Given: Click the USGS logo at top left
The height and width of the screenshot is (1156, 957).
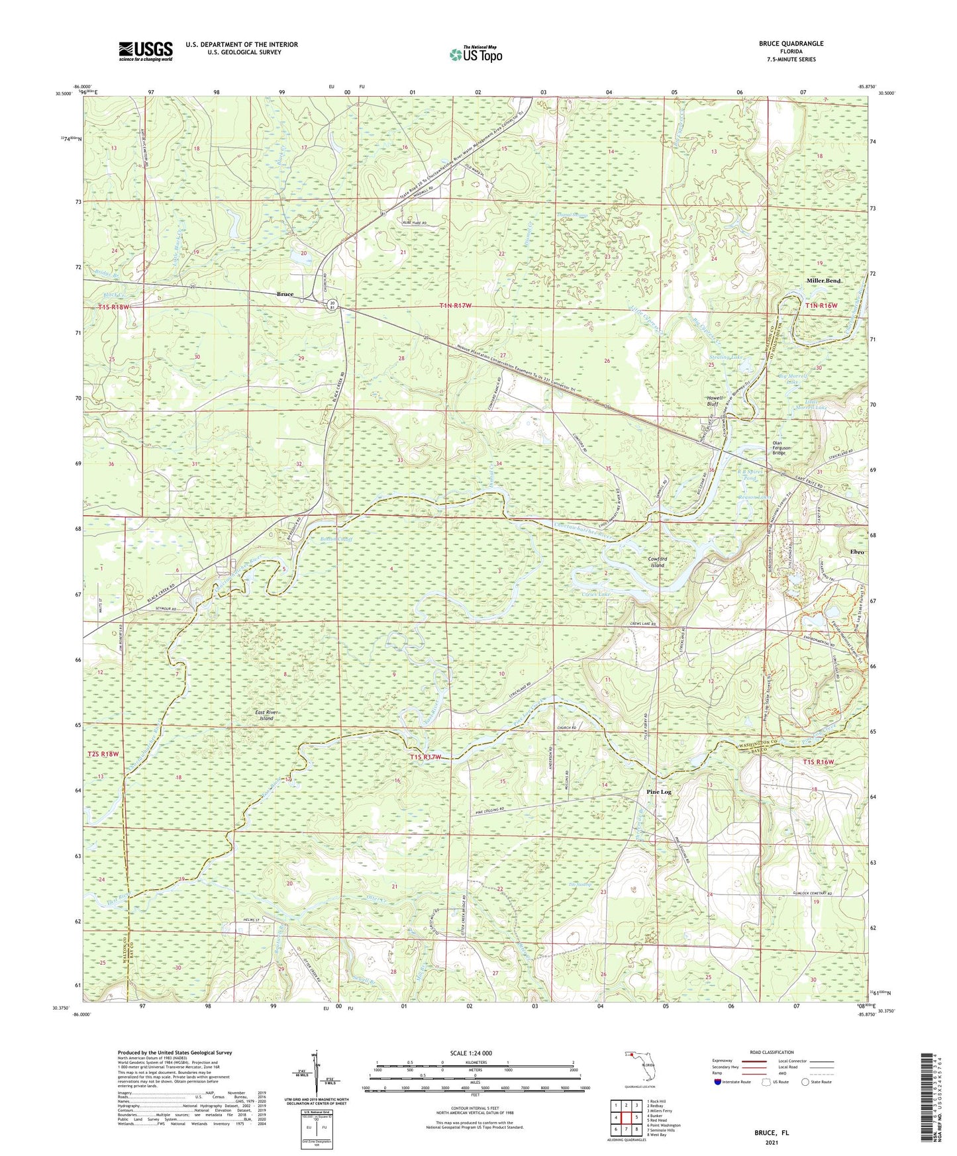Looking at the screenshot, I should [146, 50].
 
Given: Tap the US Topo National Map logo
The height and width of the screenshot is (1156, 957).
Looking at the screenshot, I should [475, 54].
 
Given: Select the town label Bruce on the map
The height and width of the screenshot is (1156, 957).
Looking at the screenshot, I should [285, 294].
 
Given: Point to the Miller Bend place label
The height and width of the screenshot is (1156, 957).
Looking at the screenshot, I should [824, 281].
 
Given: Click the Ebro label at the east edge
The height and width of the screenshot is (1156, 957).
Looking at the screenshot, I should [858, 552].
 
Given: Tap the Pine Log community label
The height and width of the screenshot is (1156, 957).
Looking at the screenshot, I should [660, 791].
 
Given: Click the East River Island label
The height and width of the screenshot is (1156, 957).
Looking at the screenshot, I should [266, 715].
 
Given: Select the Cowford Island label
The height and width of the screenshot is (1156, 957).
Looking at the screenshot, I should [656, 561].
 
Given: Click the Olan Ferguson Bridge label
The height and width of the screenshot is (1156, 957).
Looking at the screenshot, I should [779, 448].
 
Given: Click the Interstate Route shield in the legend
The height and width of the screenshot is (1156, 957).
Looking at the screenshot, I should [719, 1082].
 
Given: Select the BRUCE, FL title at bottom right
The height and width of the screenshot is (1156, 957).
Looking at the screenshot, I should [772, 1133].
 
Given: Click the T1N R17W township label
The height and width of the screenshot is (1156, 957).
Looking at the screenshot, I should [456, 305].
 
